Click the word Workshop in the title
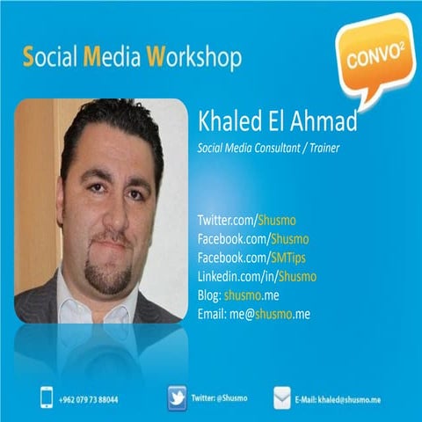194,59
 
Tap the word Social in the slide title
50,59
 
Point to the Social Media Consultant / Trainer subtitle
269,149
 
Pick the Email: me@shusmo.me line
255,314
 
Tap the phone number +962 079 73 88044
89,399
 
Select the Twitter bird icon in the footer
178,397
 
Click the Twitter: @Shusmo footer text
222,398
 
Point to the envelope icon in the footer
282,397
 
